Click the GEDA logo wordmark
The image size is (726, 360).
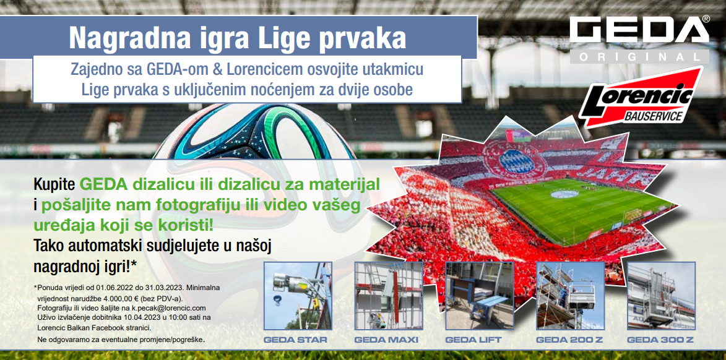pyautogui.click(x=639, y=30)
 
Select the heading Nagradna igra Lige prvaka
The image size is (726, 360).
pyautogui.click(x=238, y=38)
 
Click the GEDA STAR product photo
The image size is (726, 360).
pyautogui.click(x=297, y=296)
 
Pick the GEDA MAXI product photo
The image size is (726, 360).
pyautogui.click(x=389, y=296)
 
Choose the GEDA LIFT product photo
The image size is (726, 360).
pyautogui.click(x=480, y=296)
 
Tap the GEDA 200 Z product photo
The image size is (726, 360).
pyautogui.click(x=571, y=296)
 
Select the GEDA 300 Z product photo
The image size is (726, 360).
pyautogui.click(x=661, y=296)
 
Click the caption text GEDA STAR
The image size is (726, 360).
pyautogui.click(x=295, y=340)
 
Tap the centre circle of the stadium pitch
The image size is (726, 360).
pyautogui.click(x=564, y=194)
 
